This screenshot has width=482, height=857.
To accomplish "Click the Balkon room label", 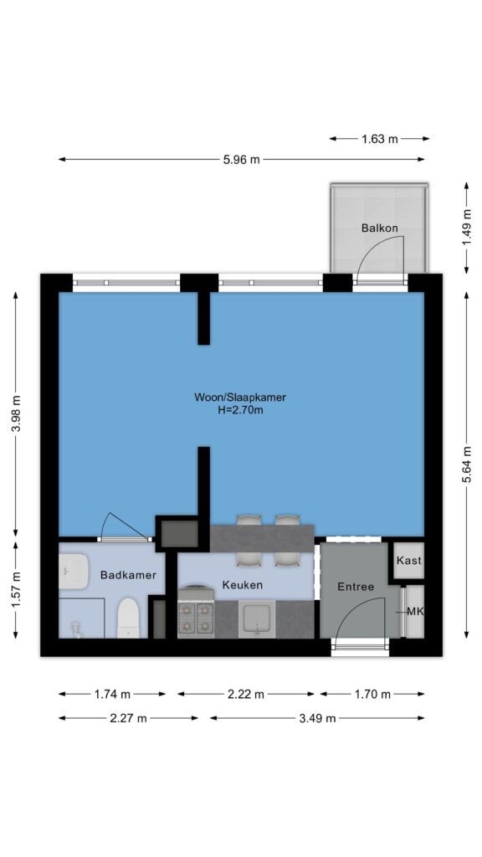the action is (x=379, y=228).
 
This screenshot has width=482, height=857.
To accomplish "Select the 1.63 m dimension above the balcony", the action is (x=379, y=139).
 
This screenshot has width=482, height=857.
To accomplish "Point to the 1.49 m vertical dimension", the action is (x=466, y=228).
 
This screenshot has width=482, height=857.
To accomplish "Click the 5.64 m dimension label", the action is (x=466, y=464).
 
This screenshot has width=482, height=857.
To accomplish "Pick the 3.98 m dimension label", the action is (x=16, y=413).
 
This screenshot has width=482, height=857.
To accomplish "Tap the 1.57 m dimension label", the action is (x=16, y=590).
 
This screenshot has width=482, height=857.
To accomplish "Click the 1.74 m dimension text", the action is (x=113, y=695).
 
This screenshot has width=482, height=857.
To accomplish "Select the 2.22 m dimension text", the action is (x=246, y=695).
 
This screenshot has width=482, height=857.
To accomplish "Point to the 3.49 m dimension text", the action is (x=317, y=718).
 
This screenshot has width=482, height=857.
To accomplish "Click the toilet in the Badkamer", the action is (x=128, y=618).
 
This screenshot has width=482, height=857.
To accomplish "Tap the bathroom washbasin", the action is (x=74, y=572).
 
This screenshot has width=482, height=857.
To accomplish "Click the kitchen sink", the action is (x=257, y=618).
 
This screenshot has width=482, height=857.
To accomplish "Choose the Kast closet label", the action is (x=409, y=561).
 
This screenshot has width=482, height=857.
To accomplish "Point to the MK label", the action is (x=416, y=612).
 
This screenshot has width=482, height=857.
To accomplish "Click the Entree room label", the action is (x=356, y=587).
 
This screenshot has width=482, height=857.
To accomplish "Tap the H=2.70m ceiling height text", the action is (x=240, y=410).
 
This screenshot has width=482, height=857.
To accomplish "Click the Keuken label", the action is (x=242, y=585).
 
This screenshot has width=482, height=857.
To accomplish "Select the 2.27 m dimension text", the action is (x=128, y=718).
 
